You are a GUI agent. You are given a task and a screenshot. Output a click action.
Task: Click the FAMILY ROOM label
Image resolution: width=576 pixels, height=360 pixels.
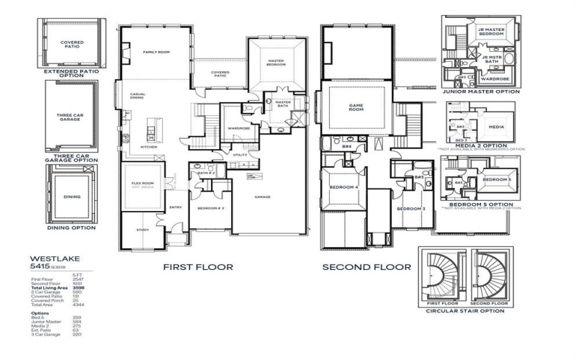155,52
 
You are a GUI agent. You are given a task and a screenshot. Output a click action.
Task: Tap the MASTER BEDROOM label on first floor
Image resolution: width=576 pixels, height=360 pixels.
276,63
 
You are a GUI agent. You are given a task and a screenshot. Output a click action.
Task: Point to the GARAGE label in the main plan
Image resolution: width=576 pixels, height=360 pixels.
261,196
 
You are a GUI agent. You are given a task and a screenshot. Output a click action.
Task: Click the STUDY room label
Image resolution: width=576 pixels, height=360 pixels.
143,230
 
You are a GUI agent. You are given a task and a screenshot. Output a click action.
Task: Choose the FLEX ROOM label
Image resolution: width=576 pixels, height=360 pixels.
140,184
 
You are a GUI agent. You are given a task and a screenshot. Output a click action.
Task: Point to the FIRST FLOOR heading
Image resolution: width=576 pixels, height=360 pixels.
197,266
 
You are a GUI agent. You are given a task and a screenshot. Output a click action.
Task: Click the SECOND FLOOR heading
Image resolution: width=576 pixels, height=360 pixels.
366,266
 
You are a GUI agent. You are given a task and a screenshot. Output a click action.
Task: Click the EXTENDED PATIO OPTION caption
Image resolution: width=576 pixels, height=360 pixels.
70,73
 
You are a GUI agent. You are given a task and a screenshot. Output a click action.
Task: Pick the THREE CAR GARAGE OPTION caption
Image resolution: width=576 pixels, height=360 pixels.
71,157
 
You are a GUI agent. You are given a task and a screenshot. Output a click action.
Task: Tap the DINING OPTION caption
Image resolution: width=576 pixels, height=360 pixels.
71,228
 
